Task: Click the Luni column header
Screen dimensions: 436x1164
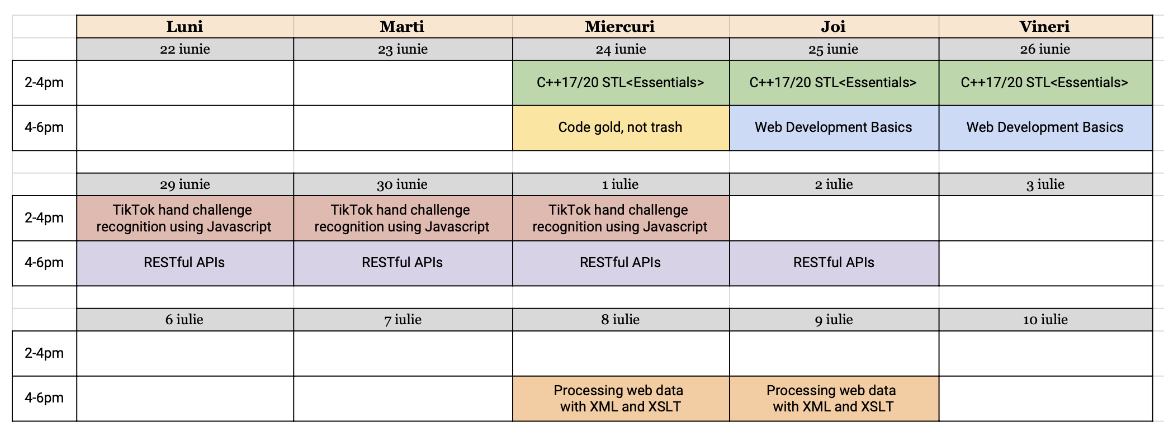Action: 184,27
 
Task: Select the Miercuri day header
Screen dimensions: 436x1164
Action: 620,27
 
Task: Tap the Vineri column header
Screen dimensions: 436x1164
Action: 1044,27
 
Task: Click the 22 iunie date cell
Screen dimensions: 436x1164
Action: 184,49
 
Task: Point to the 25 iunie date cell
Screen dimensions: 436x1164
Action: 833,49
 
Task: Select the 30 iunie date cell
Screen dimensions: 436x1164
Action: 402,184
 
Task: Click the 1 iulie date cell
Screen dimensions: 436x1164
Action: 620,184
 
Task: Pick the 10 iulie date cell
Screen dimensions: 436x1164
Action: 1045,320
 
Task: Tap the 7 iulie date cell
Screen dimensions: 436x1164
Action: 403,320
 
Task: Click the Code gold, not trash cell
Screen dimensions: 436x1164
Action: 620,127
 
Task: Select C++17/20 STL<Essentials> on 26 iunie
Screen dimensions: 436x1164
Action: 1044,83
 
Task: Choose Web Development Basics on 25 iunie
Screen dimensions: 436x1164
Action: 833,127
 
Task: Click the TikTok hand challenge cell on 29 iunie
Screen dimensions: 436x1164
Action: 184,218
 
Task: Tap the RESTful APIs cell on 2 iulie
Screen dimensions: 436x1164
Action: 833,263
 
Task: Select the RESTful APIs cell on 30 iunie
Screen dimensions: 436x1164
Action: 402,263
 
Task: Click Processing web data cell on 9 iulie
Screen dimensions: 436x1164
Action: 833,399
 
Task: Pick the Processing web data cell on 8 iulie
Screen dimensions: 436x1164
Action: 620,399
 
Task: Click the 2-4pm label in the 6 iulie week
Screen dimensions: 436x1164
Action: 44,353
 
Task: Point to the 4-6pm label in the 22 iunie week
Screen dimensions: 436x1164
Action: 44,127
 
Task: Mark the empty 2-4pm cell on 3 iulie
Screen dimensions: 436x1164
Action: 1045,218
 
